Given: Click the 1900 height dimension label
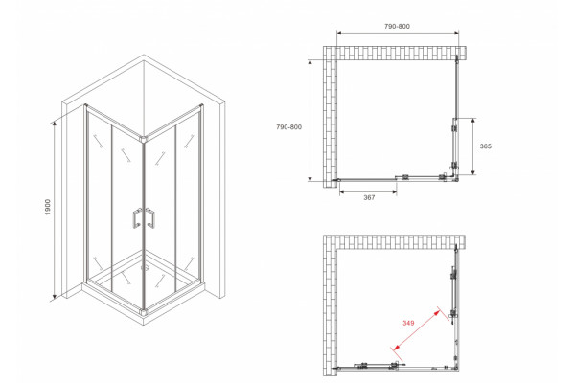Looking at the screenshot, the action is (48, 207).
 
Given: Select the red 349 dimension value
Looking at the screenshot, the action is (408, 323).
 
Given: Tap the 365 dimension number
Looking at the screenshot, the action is (486, 146).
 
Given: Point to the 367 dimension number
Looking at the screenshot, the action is (369, 197).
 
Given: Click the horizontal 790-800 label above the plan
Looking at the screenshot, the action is (397, 27).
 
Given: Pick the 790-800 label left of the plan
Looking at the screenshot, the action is (289, 127).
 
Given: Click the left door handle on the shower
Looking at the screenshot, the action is (136, 218).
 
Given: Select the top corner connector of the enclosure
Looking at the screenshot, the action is (144, 139).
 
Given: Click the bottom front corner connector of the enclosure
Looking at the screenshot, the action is (144, 312).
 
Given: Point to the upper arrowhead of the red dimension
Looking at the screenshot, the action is (437, 313).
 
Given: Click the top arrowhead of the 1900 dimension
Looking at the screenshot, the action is (55, 124).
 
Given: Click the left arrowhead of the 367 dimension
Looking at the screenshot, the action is (342, 191).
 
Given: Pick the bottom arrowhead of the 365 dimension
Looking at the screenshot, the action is (473, 171).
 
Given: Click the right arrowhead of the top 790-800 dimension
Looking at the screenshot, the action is (456, 33).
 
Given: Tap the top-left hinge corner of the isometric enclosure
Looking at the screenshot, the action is (86, 106).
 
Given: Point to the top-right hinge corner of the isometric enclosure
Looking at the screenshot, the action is (201, 106).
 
